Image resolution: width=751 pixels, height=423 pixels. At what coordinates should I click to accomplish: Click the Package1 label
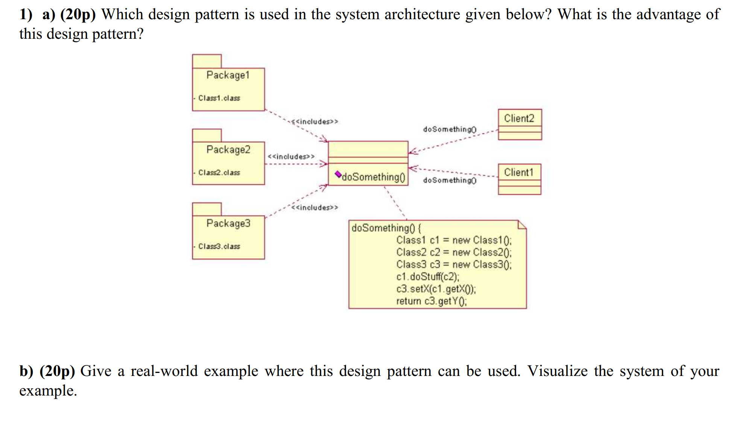tap(228, 75)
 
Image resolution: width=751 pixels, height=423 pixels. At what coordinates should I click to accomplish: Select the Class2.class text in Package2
tap(219, 173)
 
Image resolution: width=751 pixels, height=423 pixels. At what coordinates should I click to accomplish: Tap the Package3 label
tap(228, 224)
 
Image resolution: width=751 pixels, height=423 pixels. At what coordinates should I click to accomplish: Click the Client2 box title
tap(519, 119)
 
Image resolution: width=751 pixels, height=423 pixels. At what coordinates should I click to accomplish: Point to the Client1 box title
tap(519, 172)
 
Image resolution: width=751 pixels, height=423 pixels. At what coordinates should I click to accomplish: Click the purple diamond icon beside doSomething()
tap(338, 174)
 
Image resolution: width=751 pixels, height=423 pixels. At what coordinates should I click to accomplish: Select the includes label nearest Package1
tap(315, 122)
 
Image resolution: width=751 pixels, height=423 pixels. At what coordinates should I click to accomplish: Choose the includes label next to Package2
tap(291, 157)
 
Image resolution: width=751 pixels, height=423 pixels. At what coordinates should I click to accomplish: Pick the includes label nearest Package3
tap(315, 208)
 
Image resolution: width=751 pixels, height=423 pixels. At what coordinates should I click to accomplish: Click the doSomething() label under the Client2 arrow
tap(450, 129)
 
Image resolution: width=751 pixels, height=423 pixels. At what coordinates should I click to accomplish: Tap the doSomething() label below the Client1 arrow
tap(450, 181)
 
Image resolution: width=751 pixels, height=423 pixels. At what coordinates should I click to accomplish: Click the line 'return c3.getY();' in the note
tap(431, 301)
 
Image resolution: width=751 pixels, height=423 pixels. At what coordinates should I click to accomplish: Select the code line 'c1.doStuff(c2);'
tap(427, 277)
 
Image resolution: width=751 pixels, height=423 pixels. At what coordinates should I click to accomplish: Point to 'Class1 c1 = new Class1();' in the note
tap(454, 240)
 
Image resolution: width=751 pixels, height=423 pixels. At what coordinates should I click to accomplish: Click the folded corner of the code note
tap(522, 225)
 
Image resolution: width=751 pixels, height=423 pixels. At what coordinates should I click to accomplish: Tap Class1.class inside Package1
tap(219, 98)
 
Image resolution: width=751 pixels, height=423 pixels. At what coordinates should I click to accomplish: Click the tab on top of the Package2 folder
tap(207, 135)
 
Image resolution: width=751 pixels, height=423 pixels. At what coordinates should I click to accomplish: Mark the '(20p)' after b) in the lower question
tap(57, 371)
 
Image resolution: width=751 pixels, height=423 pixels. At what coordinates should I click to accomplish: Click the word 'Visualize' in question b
tap(557, 371)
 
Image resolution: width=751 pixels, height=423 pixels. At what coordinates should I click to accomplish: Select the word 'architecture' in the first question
tap(422, 14)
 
